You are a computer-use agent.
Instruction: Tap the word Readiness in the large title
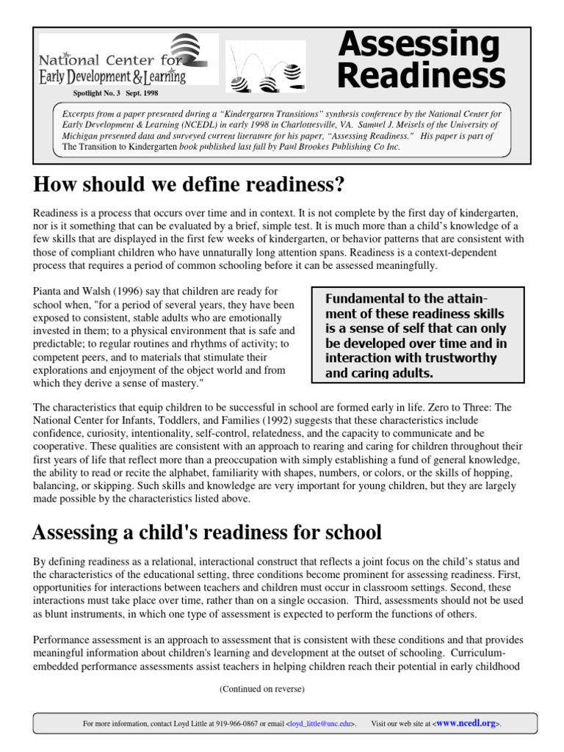pos(422,76)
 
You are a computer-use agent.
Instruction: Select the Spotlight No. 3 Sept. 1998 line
pos(115,94)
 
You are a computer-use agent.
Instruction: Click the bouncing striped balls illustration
pos(265,66)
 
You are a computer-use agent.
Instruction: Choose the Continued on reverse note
pos(261,688)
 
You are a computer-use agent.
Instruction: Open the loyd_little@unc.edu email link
pos(322,724)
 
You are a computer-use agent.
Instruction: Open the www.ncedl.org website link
pos(466,723)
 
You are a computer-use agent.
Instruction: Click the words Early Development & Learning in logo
pos(112,76)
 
